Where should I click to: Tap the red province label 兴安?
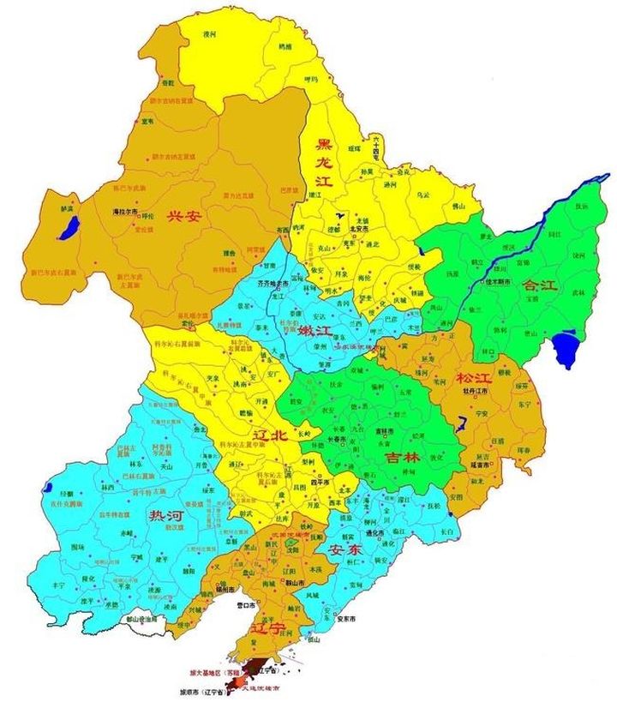click(x=183, y=216)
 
